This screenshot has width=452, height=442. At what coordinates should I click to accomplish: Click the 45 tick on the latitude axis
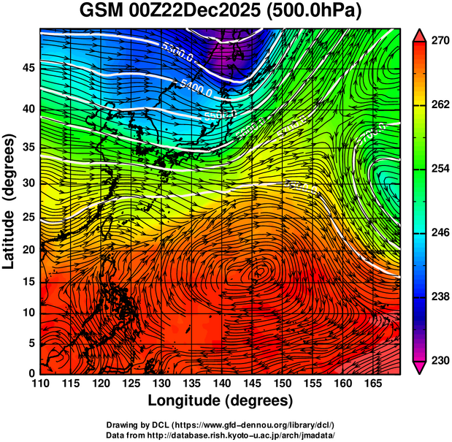(x=28, y=67)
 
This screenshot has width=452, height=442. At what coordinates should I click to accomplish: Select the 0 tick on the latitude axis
(x=31, y=373)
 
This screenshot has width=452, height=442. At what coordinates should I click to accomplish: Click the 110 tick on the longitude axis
(x=41, y=383)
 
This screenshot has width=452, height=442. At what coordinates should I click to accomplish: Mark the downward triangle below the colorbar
(x=419, y=367)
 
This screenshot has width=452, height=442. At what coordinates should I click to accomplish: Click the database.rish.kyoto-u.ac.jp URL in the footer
(x=242, y=435)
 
